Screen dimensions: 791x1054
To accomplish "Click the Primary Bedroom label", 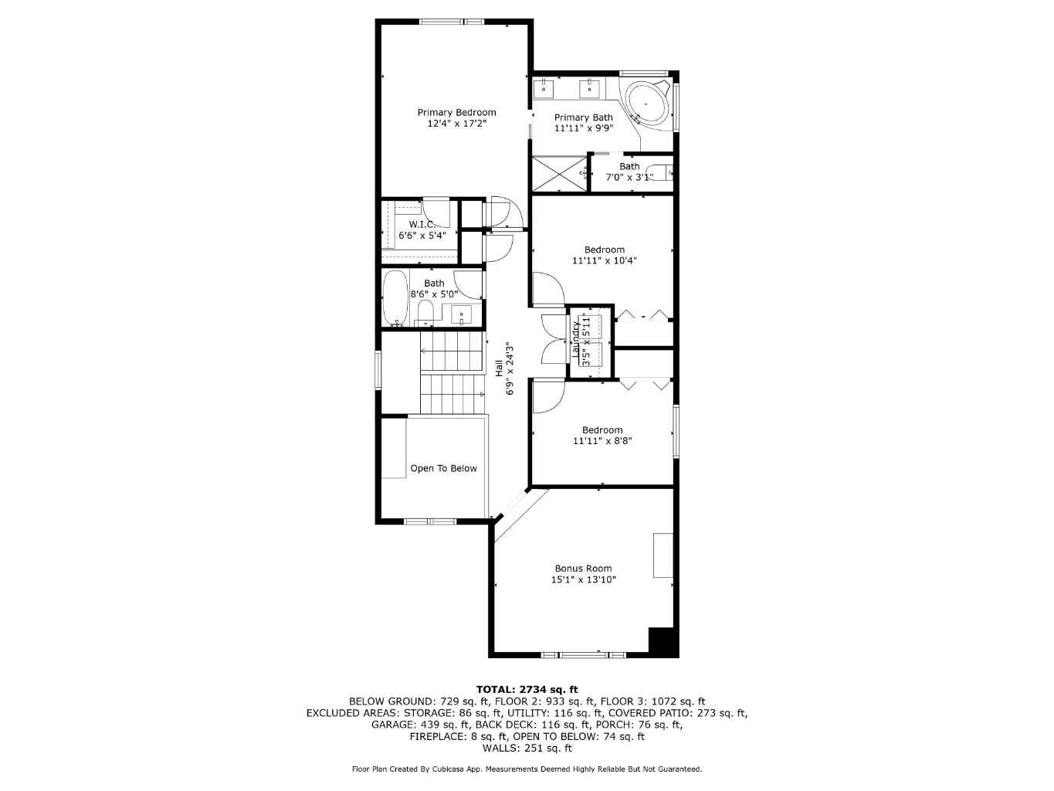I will click(456, 113).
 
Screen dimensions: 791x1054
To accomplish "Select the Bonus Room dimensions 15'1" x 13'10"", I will click(583, 580).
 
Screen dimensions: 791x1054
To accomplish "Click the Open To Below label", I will click(443, 469).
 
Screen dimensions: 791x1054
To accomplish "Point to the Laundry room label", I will click(575, 338).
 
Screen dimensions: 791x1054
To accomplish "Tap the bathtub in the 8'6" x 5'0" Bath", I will click(395, 297).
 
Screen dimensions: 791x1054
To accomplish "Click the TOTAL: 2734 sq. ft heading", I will click(527, 690).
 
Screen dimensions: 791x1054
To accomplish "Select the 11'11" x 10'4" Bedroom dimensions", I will click(604, 261).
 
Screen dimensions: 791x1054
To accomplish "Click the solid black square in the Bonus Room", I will click(663, 642).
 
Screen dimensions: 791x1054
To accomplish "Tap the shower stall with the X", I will click(559, 174).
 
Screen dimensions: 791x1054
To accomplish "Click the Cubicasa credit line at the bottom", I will click(527, 769).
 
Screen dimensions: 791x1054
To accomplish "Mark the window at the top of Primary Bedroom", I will click(452, 21).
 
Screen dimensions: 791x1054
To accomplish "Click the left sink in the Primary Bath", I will click(545, 87).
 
